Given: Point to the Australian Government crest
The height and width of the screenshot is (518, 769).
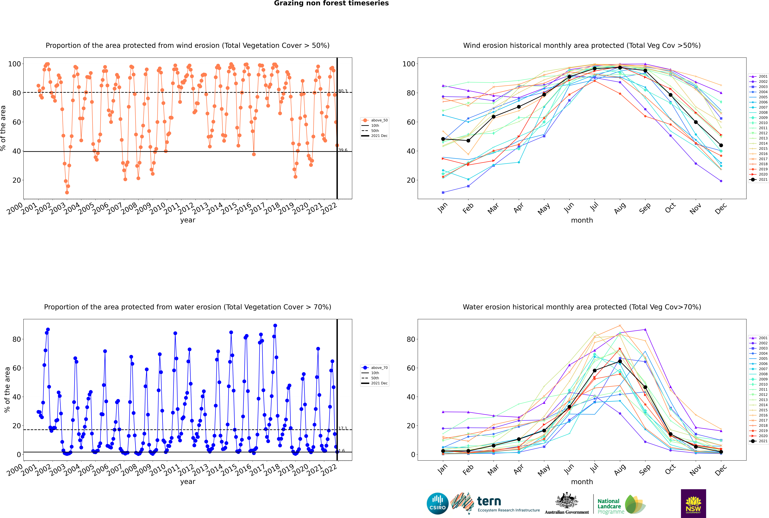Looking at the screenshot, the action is point(567,500).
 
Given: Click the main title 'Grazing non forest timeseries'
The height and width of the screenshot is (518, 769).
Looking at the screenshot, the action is point(331,3).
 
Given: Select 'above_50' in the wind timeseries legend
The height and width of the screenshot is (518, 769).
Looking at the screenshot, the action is point(379,120).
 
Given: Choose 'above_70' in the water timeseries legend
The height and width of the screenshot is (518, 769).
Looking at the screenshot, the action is point(379,368).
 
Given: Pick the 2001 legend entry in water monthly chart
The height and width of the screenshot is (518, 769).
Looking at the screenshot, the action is point(763,338).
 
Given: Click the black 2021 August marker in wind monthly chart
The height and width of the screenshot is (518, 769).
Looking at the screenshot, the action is point(620,68).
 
